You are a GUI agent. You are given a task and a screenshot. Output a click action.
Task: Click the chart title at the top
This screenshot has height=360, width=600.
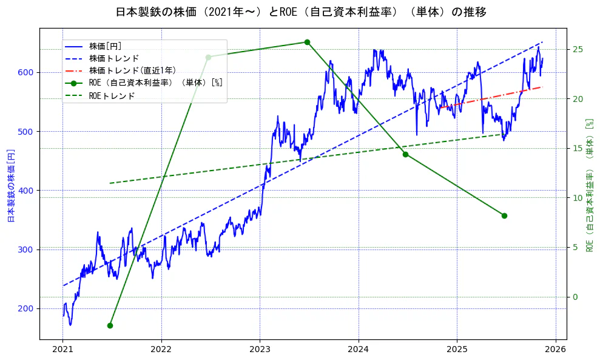[x=300, y=12]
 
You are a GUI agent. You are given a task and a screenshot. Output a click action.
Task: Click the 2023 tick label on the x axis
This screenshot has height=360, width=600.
[x=260, y=349]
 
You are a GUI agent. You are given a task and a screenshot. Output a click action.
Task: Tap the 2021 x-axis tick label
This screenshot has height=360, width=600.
[x=62, y=349]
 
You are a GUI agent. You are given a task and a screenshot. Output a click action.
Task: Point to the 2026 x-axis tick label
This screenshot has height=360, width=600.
[x=556, y=349]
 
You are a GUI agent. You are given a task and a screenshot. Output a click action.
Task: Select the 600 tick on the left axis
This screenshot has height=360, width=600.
[x=27, y=73]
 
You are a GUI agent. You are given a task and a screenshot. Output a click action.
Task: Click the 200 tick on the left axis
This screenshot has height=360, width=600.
[x=27, y=308]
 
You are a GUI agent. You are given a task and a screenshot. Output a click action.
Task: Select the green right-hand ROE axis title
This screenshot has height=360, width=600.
[x=588, y=185]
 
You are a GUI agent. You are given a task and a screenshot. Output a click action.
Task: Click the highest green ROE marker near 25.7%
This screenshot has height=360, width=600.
[x=307, y=42]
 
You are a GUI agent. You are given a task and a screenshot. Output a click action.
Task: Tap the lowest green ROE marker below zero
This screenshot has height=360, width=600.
[x=110, y=325]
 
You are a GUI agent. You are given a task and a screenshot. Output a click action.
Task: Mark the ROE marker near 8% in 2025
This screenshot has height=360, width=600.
[x=504, y=216]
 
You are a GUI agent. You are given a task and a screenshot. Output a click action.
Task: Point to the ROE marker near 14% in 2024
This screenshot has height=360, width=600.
[x=405, y=154]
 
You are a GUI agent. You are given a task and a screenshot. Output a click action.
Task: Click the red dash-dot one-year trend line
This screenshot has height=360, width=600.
[x=491, y=97]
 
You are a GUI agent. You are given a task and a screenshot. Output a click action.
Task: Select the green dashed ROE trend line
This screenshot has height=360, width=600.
[x=303, y=158]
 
